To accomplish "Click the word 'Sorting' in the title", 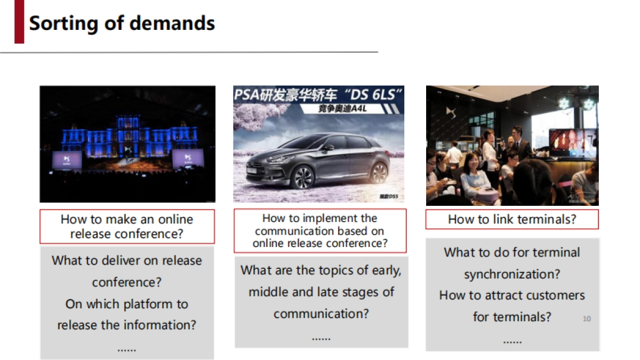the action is tap(63, 24).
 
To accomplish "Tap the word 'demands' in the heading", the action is tap(172, 23).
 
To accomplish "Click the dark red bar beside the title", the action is tap(19, 22).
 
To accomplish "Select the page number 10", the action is tap(587, 318).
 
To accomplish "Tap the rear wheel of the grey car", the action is tap(380, 172).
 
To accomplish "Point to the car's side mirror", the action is tap(329, 147).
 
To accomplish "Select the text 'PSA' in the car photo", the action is tap(246, 95).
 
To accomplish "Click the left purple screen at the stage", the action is tap(67, 160).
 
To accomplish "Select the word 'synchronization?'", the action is tap(512, 274).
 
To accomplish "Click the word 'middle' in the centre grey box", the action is tap(265, 292).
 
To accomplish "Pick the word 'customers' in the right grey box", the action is tap(555, 295).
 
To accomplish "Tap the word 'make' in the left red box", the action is tap(122, 219).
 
